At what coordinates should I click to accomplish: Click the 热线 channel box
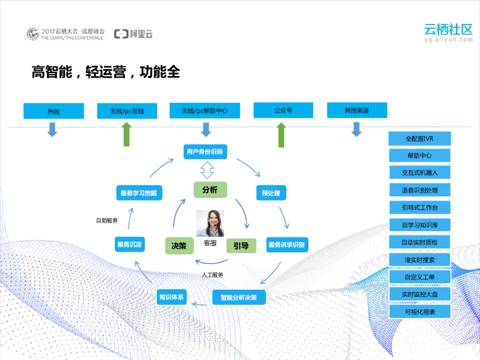[53, 111]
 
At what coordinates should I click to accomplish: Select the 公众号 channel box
[283, 111]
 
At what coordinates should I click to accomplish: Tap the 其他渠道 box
[357, 111]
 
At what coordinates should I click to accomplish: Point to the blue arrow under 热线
[52, 129]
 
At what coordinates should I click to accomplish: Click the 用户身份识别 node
[204, 151]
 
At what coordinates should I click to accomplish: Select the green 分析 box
[210, 189]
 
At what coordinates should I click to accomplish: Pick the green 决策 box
[179, 245]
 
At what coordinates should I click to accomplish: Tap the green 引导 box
[241, 246]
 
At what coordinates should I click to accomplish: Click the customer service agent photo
[210, 223]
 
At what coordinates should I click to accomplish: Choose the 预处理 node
[271, 193]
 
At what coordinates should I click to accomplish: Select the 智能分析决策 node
[239, 297]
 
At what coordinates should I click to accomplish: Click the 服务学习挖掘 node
[138, 193]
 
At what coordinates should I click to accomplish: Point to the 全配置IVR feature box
[420, 139]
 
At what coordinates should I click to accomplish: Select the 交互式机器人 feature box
[420, 172]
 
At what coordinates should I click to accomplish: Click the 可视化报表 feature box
[420, 311]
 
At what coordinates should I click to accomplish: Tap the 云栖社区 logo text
[448, 29]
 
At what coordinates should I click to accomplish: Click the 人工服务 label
[212, 275]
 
